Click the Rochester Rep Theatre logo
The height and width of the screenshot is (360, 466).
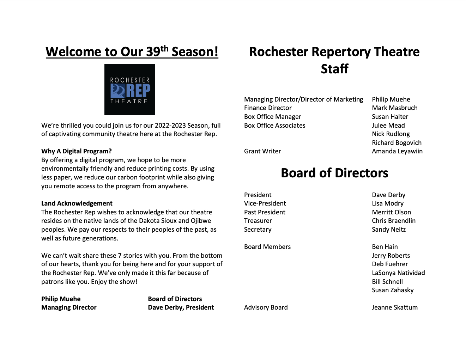pyautogui.click(x=130, y=90)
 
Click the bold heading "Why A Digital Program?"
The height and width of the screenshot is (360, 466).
pyautogui.click(x=77, y=151)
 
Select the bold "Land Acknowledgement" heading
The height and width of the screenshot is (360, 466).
pyautogui.click(x=77, y=203)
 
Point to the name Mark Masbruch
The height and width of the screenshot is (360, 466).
pyautogui.click(x=394, y=108)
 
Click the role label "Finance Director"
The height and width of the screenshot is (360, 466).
pyautogui.click(x=268, y=108)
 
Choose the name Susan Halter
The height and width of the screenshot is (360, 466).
pyautogui.click(x=390, y=117)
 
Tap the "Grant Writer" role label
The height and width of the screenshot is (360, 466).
pyautogui.click(x=262, y=151)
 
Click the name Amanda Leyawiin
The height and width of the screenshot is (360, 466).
pyautogui.click(x=397, y=151)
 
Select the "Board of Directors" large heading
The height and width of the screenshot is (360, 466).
pyautogui.click(x=334, y=173)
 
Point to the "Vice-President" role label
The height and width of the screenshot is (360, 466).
pyautogui.click(x=265, y=203)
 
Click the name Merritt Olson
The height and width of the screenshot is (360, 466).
pyautogui.click(x=391, y=212)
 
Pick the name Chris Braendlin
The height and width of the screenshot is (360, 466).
pyautogui.click(x=393, y=221)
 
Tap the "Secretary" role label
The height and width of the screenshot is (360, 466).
pyautogui.click(x=258, y=230)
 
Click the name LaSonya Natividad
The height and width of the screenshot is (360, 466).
pyautogui.click(x=398, y=273)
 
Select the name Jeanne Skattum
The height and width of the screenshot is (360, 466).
pyautogui.click(x=394, y=307)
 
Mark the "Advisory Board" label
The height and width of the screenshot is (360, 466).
pyautogui.click(x=266, y=307)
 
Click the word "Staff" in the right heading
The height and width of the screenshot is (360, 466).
pyautogui.click(x=334, y=69)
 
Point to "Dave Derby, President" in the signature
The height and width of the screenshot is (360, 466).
pyautogui.click(x=181, y=307)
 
